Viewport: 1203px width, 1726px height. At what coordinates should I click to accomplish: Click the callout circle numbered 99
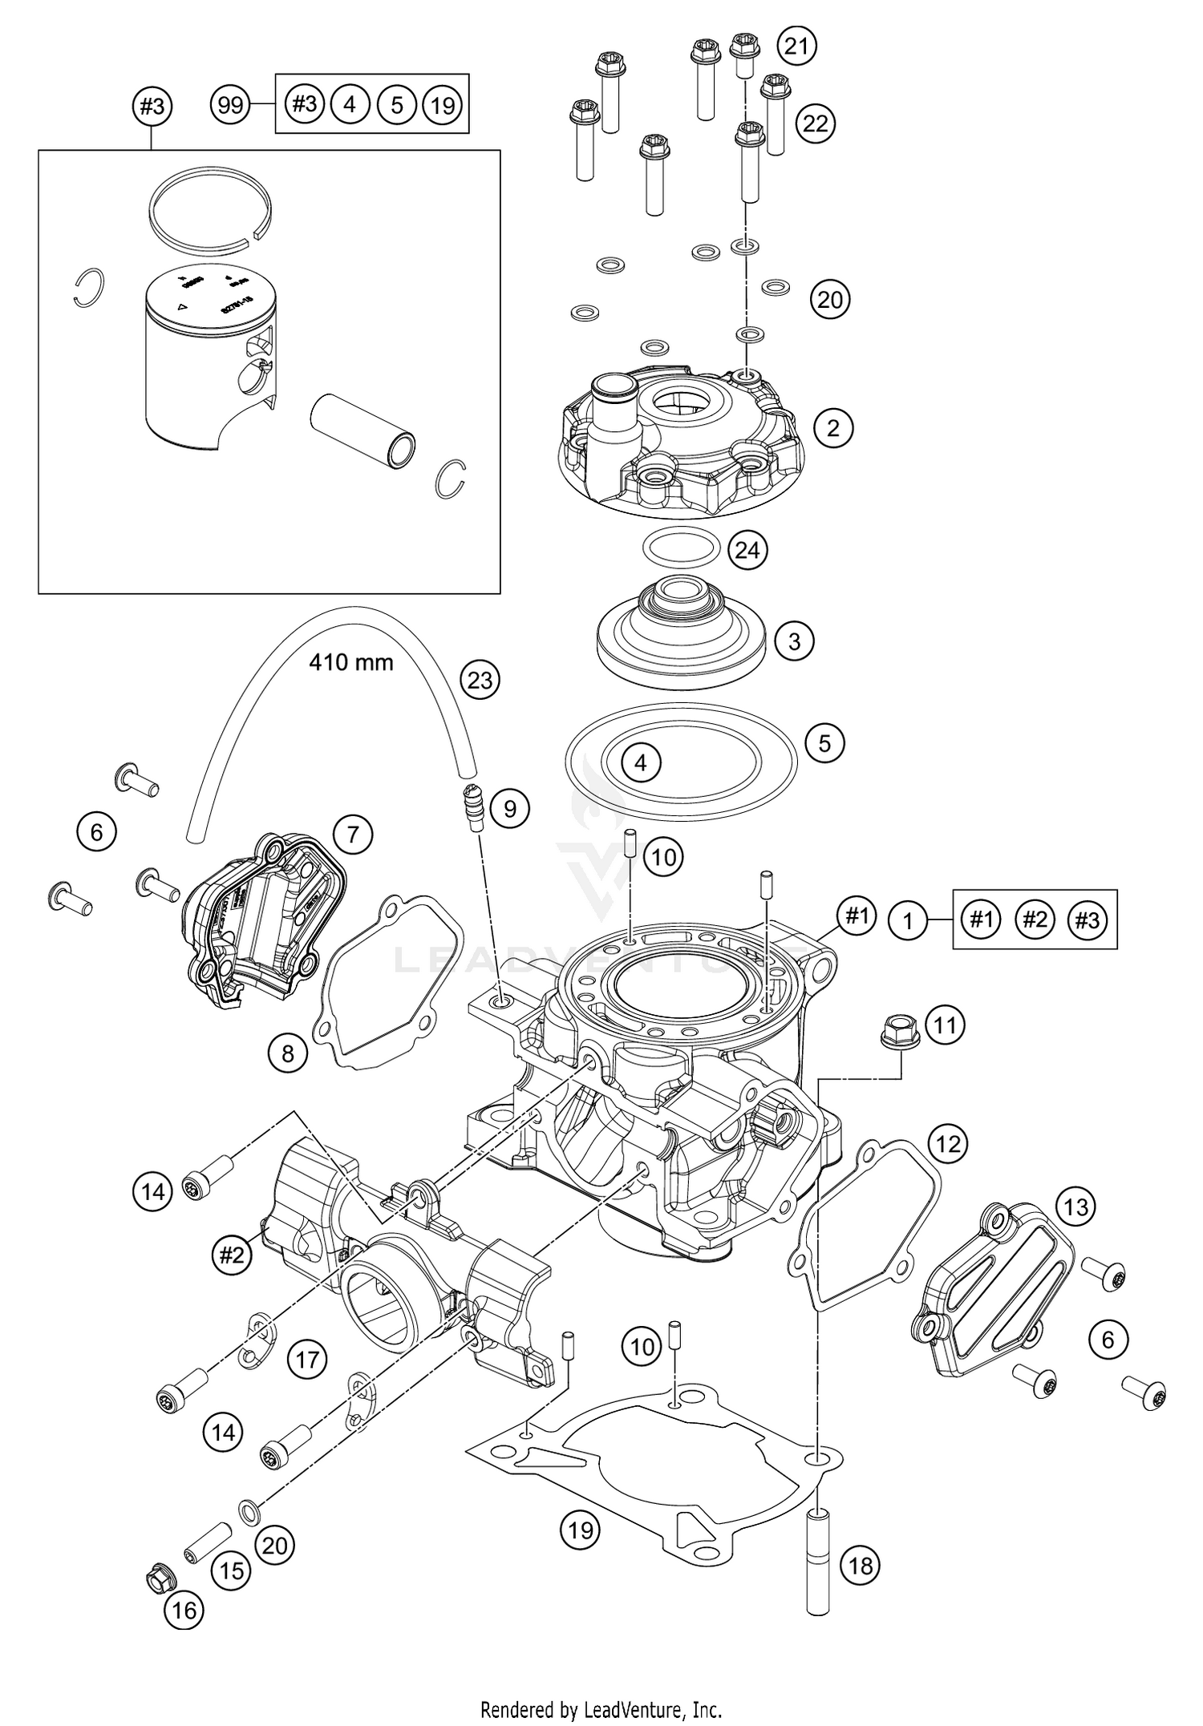(230, 105)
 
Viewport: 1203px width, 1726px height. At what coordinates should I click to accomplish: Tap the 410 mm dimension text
(351, 662)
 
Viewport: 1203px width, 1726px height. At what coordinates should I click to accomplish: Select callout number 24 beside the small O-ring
(747, 551)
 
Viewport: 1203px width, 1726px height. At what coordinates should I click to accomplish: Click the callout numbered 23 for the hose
(480, 680)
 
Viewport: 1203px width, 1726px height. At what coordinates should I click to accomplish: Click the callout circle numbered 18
(860, 1565)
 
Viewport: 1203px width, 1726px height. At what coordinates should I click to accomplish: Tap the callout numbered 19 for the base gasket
(580, 1530)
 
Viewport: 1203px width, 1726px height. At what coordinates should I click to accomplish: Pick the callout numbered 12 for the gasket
(948, 1144)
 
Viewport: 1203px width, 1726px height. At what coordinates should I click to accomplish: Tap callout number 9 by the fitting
(510, 809)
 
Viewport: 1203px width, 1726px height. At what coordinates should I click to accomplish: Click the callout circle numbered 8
(288, 1053)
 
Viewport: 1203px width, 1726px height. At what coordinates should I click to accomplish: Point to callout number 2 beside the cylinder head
(833, 428)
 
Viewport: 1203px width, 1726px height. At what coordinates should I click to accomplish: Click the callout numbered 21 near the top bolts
(796, 46)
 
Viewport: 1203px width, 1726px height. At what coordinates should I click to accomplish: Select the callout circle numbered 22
(816, 123)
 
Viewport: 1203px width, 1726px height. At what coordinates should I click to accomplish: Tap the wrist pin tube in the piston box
(363, 429)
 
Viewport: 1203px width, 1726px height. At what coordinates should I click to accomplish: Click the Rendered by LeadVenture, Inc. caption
(601, 1703)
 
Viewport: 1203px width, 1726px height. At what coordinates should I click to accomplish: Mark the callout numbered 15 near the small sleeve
(232, 1570)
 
